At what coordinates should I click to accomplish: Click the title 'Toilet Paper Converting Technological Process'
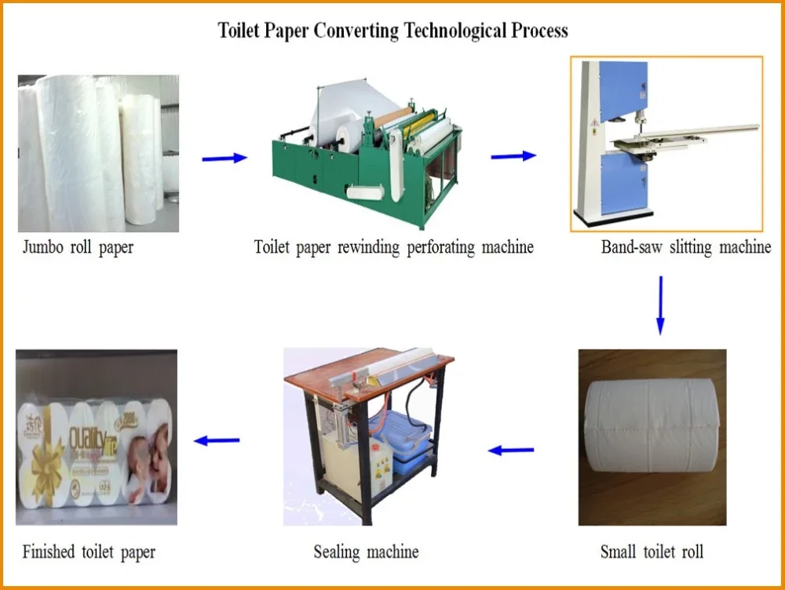pos(392,31)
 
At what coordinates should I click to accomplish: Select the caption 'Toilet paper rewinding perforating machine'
pos(393,247)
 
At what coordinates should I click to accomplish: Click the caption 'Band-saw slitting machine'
pos(685,247)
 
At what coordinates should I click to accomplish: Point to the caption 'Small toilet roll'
pos(652,552)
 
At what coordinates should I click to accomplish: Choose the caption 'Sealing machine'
pos(366,552)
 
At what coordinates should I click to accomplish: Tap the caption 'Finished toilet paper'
pos(89,552)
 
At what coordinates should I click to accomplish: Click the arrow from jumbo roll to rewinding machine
pos(225,158)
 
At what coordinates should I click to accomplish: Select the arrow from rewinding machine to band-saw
pos(513,156)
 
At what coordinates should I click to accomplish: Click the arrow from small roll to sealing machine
pos(511,450)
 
